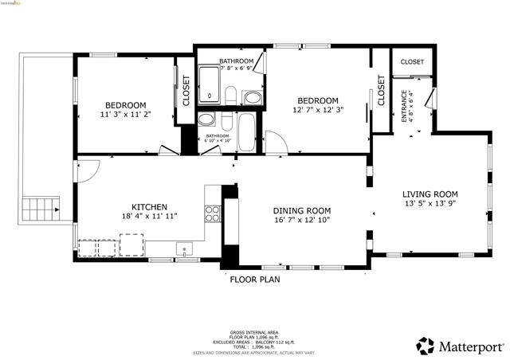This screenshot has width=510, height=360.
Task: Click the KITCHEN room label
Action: click(148, 205)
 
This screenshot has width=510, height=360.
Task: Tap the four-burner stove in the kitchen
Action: click(213, 213)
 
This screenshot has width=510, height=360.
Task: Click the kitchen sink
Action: click(183, 249)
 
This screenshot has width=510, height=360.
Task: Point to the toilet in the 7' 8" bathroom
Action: click(229, 96)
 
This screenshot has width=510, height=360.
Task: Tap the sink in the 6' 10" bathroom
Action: click(206, 121)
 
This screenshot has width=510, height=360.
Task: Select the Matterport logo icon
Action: click(426, 346)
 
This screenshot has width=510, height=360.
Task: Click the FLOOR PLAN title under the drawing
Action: click(254, 280)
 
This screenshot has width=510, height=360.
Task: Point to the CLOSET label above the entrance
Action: click(412, 61)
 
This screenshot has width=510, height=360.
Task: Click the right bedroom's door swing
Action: click(276, 143)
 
